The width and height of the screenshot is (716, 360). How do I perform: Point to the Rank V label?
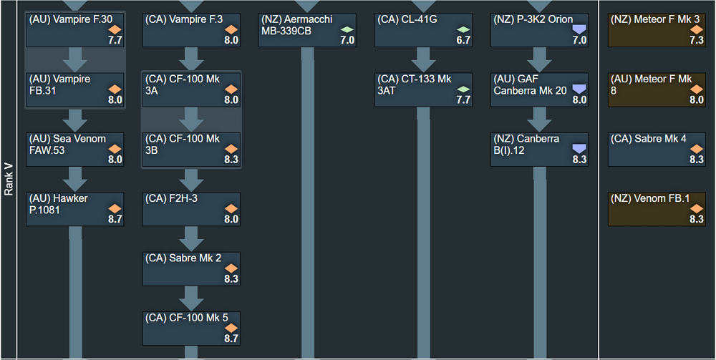coord(9,179)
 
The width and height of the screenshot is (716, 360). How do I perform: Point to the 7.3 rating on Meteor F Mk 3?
coord(696,41)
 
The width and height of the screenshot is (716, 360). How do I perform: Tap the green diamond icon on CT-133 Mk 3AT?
coord(463,89)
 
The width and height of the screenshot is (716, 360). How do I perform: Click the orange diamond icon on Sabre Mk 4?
coord(696,148)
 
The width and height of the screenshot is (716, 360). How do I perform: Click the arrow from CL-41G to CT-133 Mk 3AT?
coord(423,59)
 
